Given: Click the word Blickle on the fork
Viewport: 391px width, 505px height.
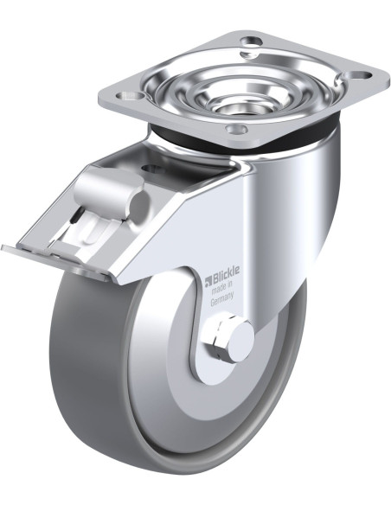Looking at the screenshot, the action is coord(226,272).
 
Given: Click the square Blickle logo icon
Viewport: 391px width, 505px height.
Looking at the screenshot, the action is coord(208,280).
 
